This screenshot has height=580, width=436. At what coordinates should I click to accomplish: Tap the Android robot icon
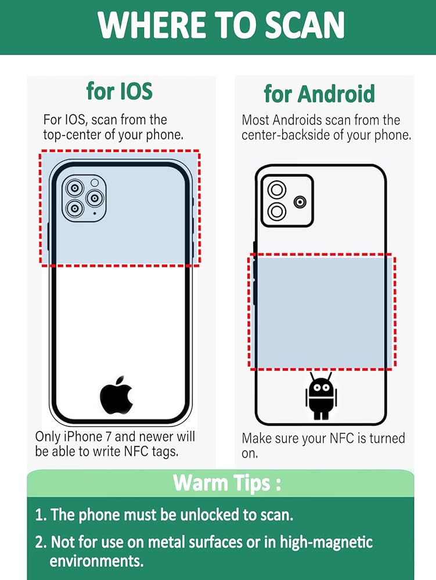coord(321,396)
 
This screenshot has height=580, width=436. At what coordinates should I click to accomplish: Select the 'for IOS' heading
coord(119,91)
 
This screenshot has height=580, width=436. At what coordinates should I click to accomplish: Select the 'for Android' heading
coord(319,93)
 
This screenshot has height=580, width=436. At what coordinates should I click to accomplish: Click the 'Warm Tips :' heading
coord(227,483)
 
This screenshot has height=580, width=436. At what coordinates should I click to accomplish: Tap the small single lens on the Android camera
coord(300,202)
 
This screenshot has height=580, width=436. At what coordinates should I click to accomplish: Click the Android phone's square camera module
coord(287,201)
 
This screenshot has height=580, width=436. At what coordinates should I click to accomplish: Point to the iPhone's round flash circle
coord(95,183)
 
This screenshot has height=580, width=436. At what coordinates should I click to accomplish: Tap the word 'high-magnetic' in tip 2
coord(326,542)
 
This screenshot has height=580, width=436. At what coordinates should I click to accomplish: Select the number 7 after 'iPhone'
coord(109,437)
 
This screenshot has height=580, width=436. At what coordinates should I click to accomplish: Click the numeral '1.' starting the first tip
coord(41,515)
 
